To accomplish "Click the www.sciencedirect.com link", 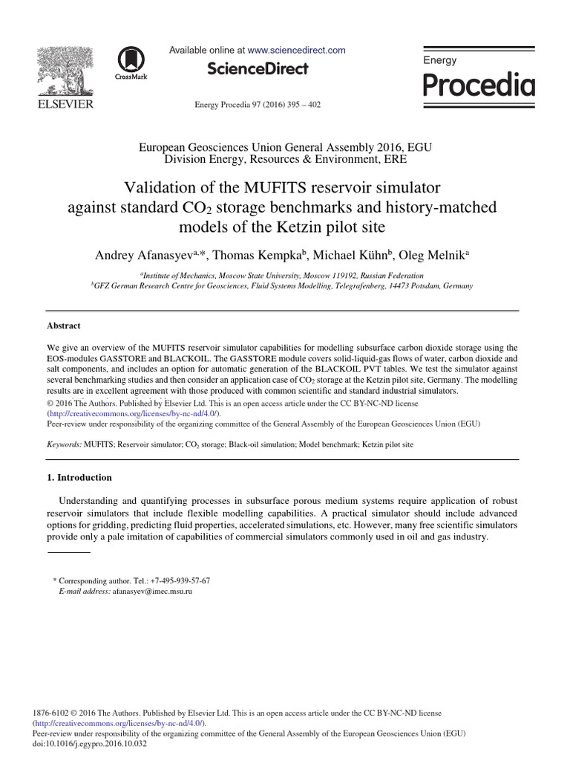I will pos(296,51).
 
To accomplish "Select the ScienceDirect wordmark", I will pos(258,69).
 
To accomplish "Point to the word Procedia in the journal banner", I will pos(479,85).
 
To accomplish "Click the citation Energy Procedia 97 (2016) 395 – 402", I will pos(258,105).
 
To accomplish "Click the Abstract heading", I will pos(64,326).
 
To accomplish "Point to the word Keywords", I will pos(63,444).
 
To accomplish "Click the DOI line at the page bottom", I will pos(91,742).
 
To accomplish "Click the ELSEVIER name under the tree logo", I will pos(65,105).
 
